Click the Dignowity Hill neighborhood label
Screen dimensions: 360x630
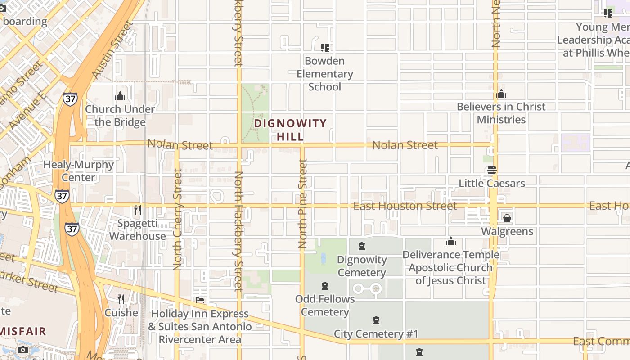click(x=290, y=130)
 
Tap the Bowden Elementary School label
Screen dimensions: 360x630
click(x=324, y=74)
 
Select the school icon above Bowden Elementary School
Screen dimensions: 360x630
click(x=324, y=47)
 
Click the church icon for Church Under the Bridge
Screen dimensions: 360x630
click(x=120, y=96)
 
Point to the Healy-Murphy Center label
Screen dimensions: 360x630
click(x=78, y=171)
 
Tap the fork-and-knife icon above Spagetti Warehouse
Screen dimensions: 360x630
click(x=137, y=210)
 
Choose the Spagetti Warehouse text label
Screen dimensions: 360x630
click(x=137, y=229)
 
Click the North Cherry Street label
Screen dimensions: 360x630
click(x=178, y=220)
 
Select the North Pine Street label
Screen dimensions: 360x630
click(x=303, y=204)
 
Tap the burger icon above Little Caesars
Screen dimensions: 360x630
click(x=491, y=170)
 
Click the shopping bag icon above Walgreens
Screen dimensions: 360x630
click(x=507, y=218)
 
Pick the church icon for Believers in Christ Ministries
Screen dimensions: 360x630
click(x=501, y=94)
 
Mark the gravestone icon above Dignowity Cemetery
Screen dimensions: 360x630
click(x=361, y=246)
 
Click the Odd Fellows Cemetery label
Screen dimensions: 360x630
click(x=325, y=305)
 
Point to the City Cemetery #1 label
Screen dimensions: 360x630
click(x=376, y=334)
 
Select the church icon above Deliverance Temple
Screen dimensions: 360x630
click(x=450, y=242)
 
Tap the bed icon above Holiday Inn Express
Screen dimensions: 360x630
click(x=200, y=300)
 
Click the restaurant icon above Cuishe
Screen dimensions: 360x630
click(x=121, y=299)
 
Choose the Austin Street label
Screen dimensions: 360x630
click(x=112, y=49)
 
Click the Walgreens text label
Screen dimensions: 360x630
click(x=507, y=231)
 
